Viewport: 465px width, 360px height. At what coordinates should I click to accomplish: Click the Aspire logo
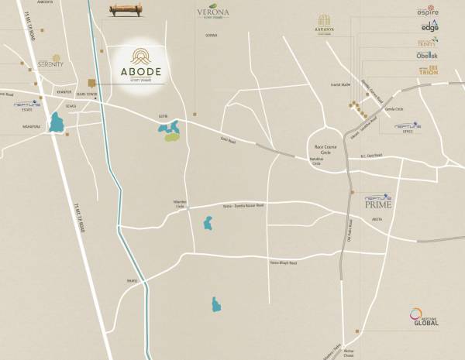tap(428, 12)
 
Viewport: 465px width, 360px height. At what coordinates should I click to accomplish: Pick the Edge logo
tap(429, 26)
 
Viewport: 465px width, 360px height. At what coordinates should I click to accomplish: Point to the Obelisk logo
tap(428, 56)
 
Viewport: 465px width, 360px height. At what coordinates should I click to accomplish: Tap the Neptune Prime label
tap(379, 204)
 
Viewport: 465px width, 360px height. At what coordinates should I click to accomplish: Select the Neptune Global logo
tap(424, 318)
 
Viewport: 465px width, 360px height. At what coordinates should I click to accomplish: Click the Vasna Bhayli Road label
tap(283, 262)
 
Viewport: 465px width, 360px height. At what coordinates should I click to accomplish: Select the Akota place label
tap(377, 220)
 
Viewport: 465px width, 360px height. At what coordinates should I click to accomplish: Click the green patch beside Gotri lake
tap(170, 137)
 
